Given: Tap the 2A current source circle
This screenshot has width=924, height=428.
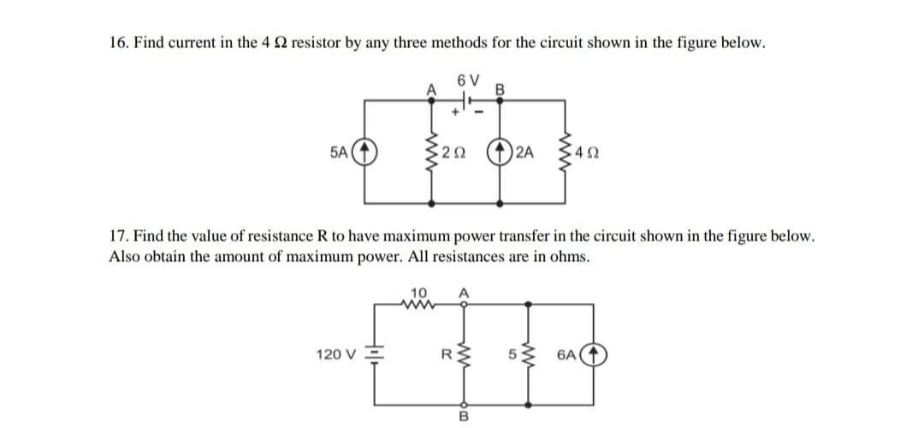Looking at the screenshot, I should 497,157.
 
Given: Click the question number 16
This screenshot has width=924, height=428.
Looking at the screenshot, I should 118,44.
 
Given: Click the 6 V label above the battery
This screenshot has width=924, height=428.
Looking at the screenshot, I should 462,80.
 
